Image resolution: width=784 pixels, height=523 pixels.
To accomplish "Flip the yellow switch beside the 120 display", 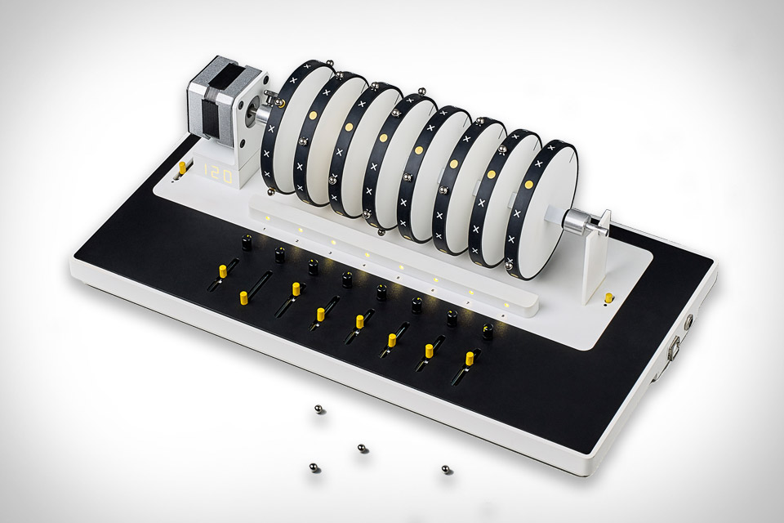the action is [182, 168].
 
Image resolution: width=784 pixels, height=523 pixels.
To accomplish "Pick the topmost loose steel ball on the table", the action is [318, 409].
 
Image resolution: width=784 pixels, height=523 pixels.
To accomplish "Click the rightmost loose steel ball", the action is [446, 469].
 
